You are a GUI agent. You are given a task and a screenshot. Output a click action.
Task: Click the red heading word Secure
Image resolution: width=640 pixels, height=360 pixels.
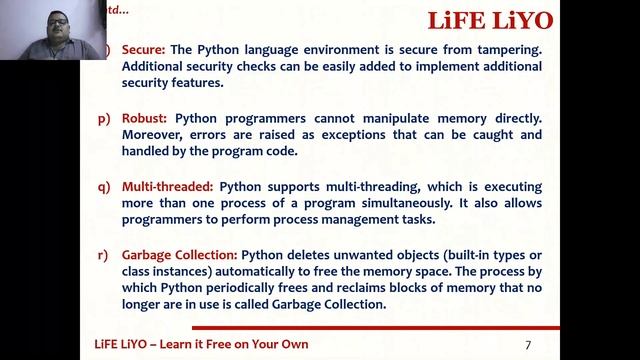click(144, 49)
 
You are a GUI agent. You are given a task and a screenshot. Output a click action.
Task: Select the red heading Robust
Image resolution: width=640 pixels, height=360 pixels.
click(145, 118)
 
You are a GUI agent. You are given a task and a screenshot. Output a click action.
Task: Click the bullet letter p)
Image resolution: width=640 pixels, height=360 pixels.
click(103, 118)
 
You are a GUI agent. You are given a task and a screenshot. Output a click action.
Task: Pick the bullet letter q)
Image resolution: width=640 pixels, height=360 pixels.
click(103, 186)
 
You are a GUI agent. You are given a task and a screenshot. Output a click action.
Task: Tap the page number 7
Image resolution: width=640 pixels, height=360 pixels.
click(528, 345)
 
